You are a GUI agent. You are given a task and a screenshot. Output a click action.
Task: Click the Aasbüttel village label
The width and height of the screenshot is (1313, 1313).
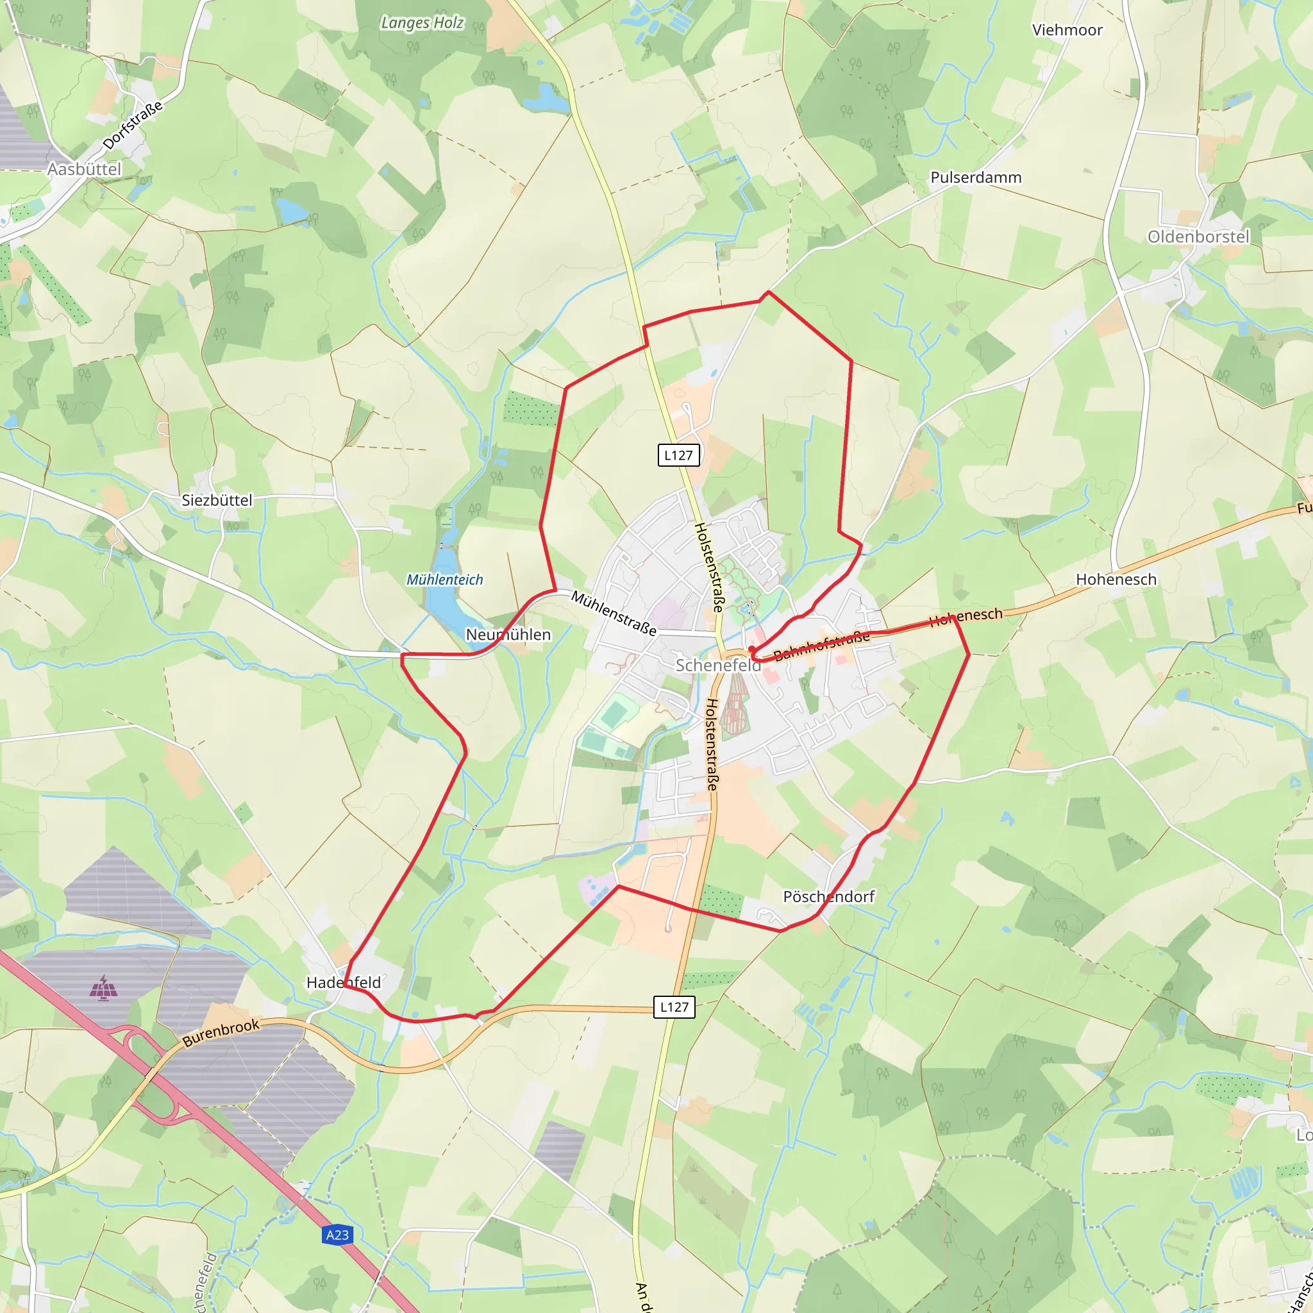coord(84,169)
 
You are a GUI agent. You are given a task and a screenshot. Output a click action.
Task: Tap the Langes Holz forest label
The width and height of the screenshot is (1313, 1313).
coord(422,23)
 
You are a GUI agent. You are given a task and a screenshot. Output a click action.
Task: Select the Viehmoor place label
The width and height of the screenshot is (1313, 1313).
coord(1067,31)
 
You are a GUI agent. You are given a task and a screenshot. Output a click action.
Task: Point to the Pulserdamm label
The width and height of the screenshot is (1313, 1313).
coord(975,178)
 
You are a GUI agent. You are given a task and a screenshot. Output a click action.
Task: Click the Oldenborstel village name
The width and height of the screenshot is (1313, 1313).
coord(1198,237)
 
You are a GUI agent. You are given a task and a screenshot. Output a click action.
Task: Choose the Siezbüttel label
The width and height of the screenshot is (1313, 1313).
coord(217,500)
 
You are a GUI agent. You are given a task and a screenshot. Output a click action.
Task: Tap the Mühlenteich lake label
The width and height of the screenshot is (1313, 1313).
coord(444,580)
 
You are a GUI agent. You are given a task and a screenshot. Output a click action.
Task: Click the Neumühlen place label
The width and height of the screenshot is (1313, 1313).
coord(508,635)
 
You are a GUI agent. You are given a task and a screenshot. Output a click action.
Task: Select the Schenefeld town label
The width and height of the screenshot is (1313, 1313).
coord(717,665)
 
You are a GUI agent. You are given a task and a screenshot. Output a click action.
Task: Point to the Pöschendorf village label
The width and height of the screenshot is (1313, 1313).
coord(828,897)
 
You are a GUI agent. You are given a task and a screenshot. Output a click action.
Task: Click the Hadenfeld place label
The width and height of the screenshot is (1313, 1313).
coord(343,983)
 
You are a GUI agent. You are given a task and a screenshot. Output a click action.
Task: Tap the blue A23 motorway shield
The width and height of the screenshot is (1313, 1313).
coord(337,1235)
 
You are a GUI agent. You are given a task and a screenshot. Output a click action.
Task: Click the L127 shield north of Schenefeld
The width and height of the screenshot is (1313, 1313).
coord(678,455)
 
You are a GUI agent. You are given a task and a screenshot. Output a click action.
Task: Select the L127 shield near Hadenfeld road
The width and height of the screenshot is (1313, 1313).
coord(674,1007)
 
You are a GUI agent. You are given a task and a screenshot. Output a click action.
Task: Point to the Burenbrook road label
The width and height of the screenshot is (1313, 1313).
coord(221,1033)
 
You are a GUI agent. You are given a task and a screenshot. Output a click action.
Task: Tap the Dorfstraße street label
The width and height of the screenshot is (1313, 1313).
coord(133,125)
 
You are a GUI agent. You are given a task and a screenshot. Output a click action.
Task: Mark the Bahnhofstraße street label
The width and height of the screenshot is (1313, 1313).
coord(821,645)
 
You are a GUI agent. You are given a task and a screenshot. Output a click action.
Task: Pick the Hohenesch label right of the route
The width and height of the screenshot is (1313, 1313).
coord(1116,580)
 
